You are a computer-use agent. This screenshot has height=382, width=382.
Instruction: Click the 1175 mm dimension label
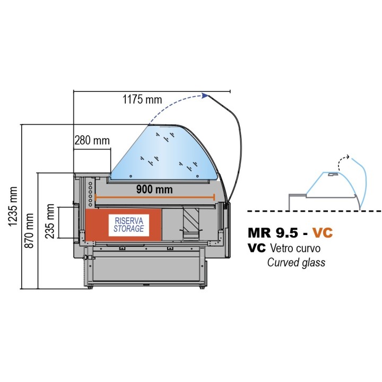tap(142, 99)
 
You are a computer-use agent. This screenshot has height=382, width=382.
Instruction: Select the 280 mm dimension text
tap(92, 141)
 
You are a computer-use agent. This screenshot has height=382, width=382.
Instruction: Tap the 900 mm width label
tap(154, 189)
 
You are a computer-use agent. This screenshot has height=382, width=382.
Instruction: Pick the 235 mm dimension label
tap(50, 222)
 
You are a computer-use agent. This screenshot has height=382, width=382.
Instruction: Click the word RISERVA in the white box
tap(129, 220)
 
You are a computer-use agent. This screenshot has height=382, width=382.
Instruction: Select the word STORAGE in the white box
tap(129, 228)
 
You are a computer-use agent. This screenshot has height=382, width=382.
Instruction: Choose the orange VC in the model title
tap(322, 233)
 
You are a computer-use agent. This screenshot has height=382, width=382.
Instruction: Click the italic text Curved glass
tap(296, 262)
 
